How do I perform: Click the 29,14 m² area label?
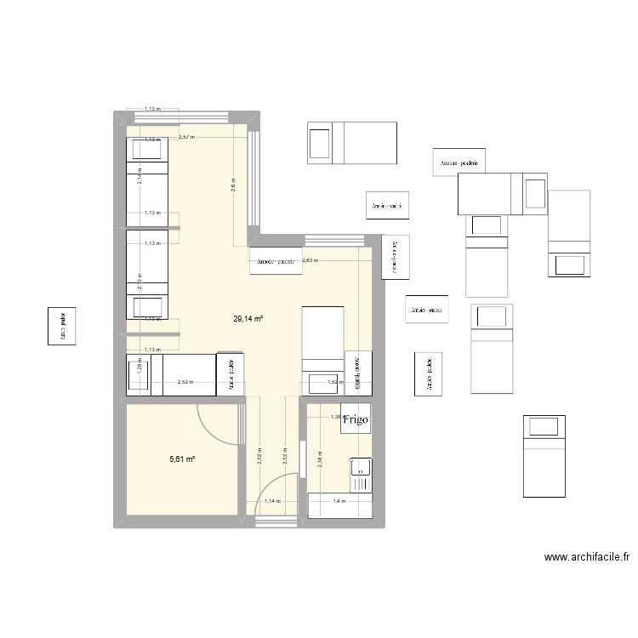(248, 319)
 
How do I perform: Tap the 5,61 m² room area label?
(182, 459)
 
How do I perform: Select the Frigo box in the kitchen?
(356, 419)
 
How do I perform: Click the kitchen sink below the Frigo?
(361, 475)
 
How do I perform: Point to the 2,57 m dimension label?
(187, 137)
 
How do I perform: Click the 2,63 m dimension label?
(310, 261)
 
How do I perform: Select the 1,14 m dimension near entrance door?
(272, 502)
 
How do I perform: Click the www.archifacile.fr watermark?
(587, 559)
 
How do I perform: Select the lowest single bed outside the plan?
(542, 456)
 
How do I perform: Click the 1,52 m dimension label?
(333, 383)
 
